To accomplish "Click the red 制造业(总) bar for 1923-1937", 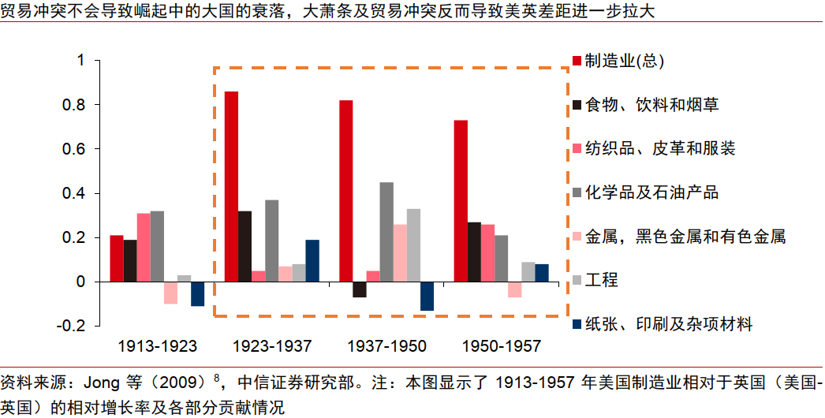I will [231, 187].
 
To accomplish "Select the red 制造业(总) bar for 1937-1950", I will [345, 191].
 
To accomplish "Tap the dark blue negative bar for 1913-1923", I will [197, 293].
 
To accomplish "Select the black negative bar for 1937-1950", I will [360, 289].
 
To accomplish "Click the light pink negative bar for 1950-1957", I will [514, 289].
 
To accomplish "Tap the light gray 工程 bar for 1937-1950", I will [413, 245].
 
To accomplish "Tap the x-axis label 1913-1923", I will [157, 346].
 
